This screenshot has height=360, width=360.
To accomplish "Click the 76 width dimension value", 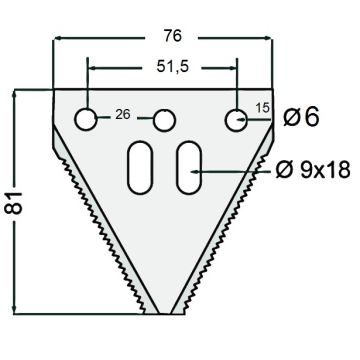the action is (x=173, y=36).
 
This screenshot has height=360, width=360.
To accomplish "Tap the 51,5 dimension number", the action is (x=173, y=67).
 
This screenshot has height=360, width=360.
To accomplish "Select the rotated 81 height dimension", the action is (x=13, y=203).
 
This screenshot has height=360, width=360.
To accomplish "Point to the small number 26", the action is (x=123, y=115).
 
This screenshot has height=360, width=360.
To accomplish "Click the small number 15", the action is (x=262, y=108).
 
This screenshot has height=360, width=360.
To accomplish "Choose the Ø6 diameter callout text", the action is (x=301, y=117).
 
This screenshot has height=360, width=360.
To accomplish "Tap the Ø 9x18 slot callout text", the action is (x=313, y=170).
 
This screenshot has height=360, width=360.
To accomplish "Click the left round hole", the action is (x=86, y=119).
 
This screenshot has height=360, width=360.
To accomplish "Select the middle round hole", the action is (x=164, y=120).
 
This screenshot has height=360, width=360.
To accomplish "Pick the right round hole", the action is (x=236, y=120).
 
